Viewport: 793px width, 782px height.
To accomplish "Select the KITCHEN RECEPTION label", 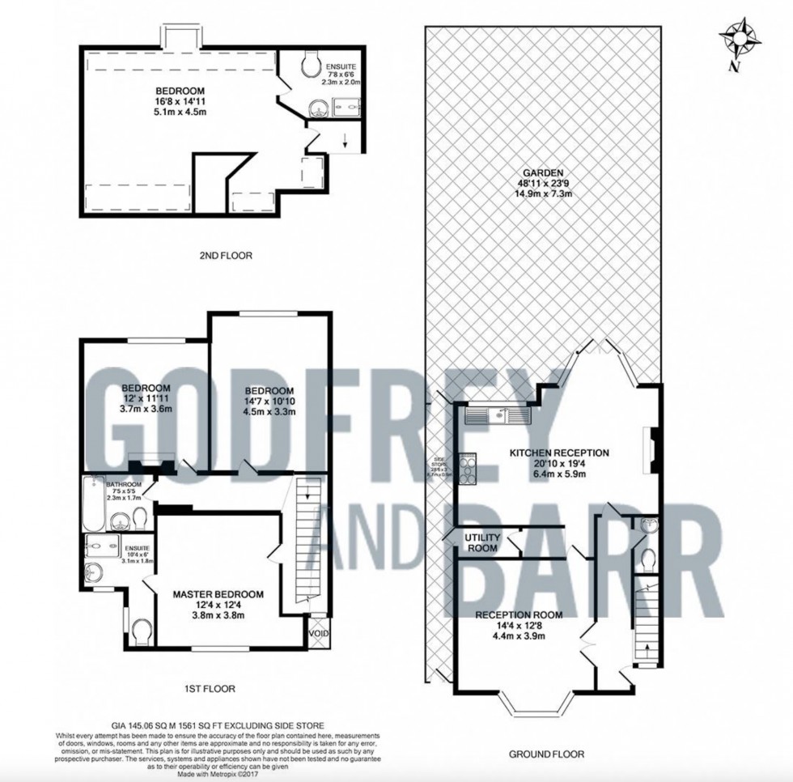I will (558, 453).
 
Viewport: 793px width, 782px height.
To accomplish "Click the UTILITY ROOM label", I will (481, 542).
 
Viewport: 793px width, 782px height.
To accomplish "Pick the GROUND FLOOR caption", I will (546, 754).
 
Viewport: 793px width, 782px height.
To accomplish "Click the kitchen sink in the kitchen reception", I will (497, 415).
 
